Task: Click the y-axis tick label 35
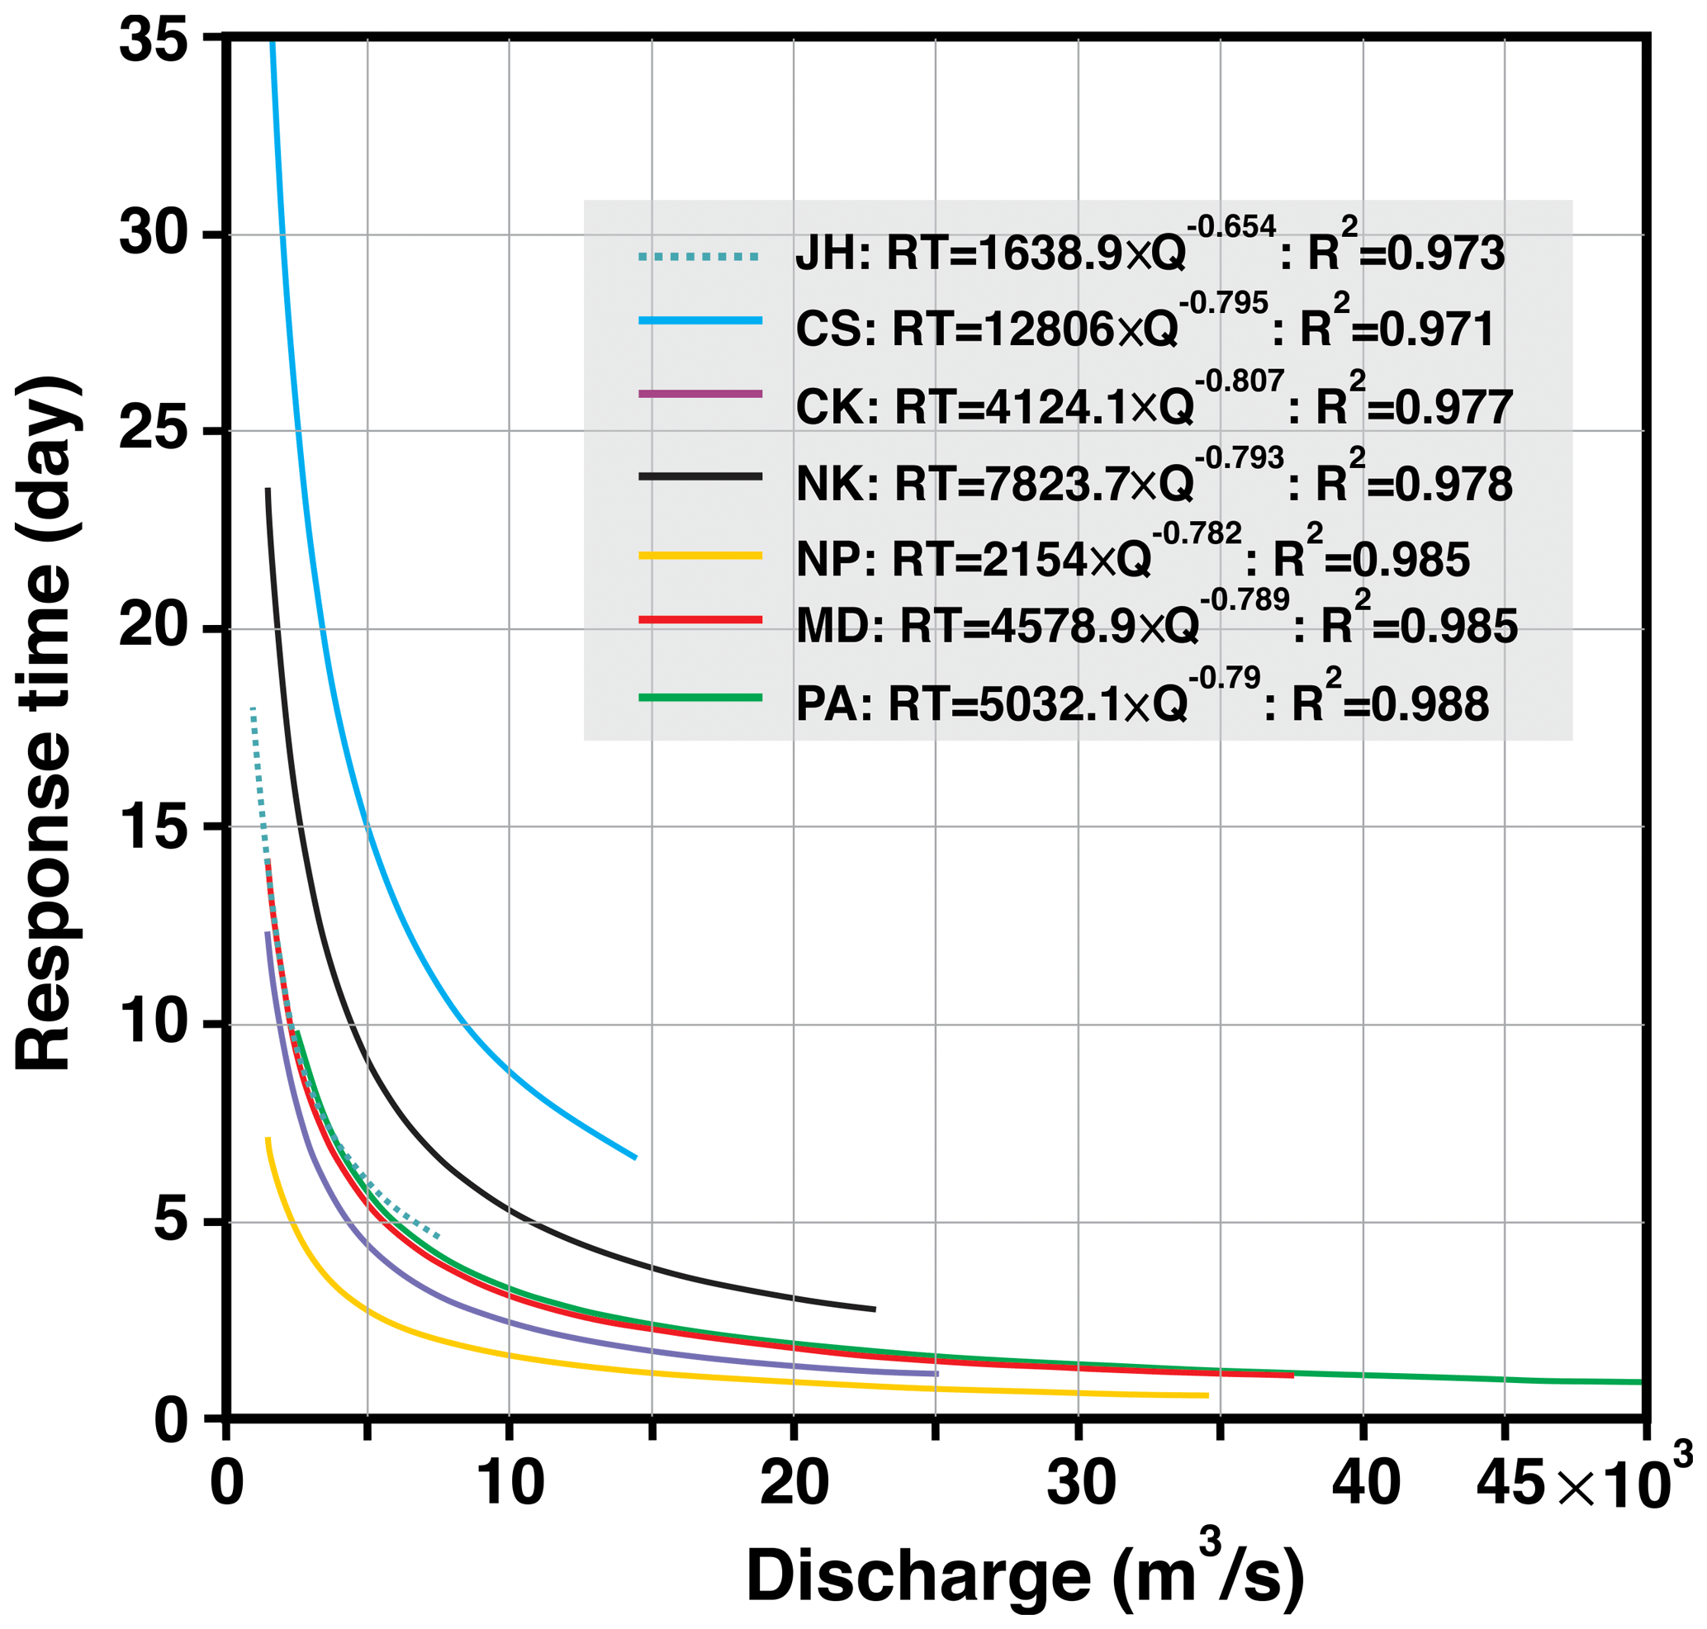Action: click(x=154, y=40)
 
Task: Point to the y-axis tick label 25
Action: click(x=154, y=431)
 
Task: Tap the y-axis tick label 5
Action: click(x=172, y=1222)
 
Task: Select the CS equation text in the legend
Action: click(x=1145, y=329)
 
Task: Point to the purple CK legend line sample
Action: click(x=699, y=394)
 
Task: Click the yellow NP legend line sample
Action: click(x=699, y=556)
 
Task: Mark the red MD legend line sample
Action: click(x=699, y=619)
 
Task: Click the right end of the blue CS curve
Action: click(x=636, y=1158)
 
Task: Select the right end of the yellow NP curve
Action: click(x=1207, y=1395)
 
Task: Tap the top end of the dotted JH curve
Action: click(x=253, y=708)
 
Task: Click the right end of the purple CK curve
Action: click(x=936, y=1374)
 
